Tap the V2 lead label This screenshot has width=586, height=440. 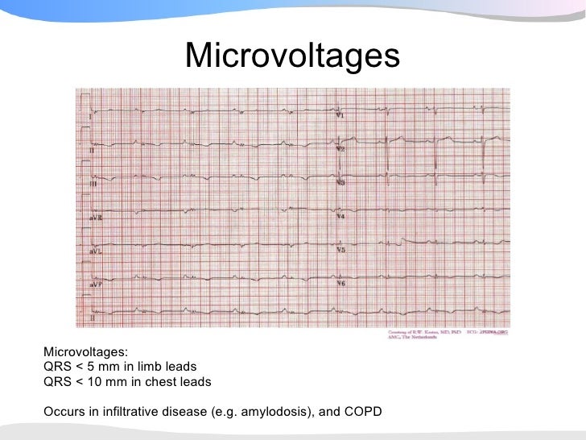pos(340,150)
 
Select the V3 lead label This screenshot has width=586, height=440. pos(340,184)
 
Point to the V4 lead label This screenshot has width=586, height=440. pos(340,218)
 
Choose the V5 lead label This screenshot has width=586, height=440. pos(340,251)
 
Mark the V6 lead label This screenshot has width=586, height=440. pos(340,284)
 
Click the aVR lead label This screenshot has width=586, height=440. pos(94,218)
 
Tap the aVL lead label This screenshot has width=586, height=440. pos(94,251)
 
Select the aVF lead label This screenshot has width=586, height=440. pos(94,284)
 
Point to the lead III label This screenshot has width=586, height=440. pos(92,185)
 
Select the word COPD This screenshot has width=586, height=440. pos(366,413)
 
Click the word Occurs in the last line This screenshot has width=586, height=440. pos(64,413)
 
